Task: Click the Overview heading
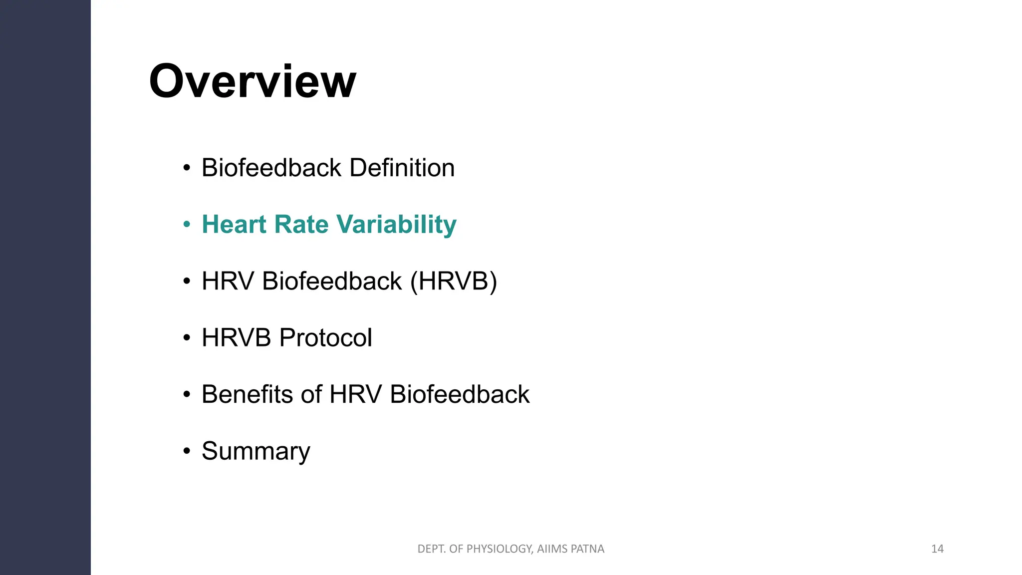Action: click(253, 81)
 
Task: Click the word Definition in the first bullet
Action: click(402, 168)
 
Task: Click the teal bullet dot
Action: click(187, 225)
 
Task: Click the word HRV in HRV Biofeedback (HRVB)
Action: click(228, 281)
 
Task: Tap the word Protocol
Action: click(325, 338)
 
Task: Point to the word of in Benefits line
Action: click(311, 394)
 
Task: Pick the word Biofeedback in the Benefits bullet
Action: click(459, 394)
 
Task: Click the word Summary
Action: click(255, 451)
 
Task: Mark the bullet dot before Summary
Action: click(187, 451)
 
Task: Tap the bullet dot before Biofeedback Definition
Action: click(187, 168)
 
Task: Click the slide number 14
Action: click(937, 549)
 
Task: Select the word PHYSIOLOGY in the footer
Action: click(500, 549)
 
